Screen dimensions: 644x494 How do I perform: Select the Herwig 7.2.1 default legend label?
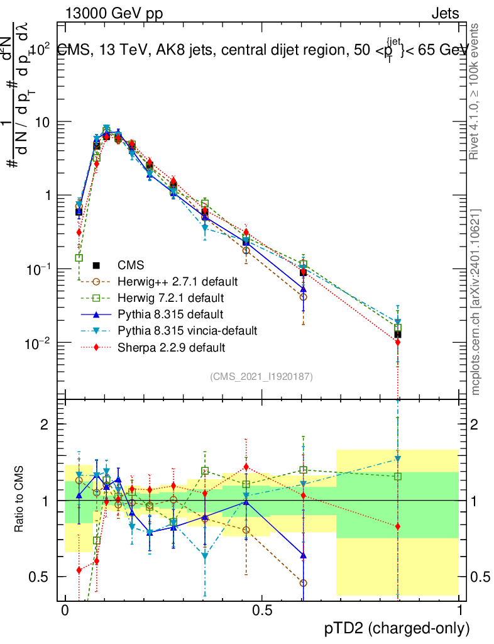[x=170, y=297]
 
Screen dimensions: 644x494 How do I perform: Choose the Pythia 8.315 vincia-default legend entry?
[x=187, y=330]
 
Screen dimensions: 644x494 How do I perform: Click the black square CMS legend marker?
[x=97, y=264]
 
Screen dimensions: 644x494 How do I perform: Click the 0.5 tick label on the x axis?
[x=262, y=611]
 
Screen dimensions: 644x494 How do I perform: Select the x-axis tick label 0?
[x=65, y=611]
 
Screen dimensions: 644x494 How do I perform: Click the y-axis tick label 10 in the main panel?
[x=45, y=121]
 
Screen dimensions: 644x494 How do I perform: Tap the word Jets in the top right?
[x=445, y=13]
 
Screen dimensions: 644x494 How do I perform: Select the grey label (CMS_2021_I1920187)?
[x=261, y=376]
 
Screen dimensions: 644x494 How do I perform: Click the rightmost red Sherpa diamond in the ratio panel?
[x=398, y=526]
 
